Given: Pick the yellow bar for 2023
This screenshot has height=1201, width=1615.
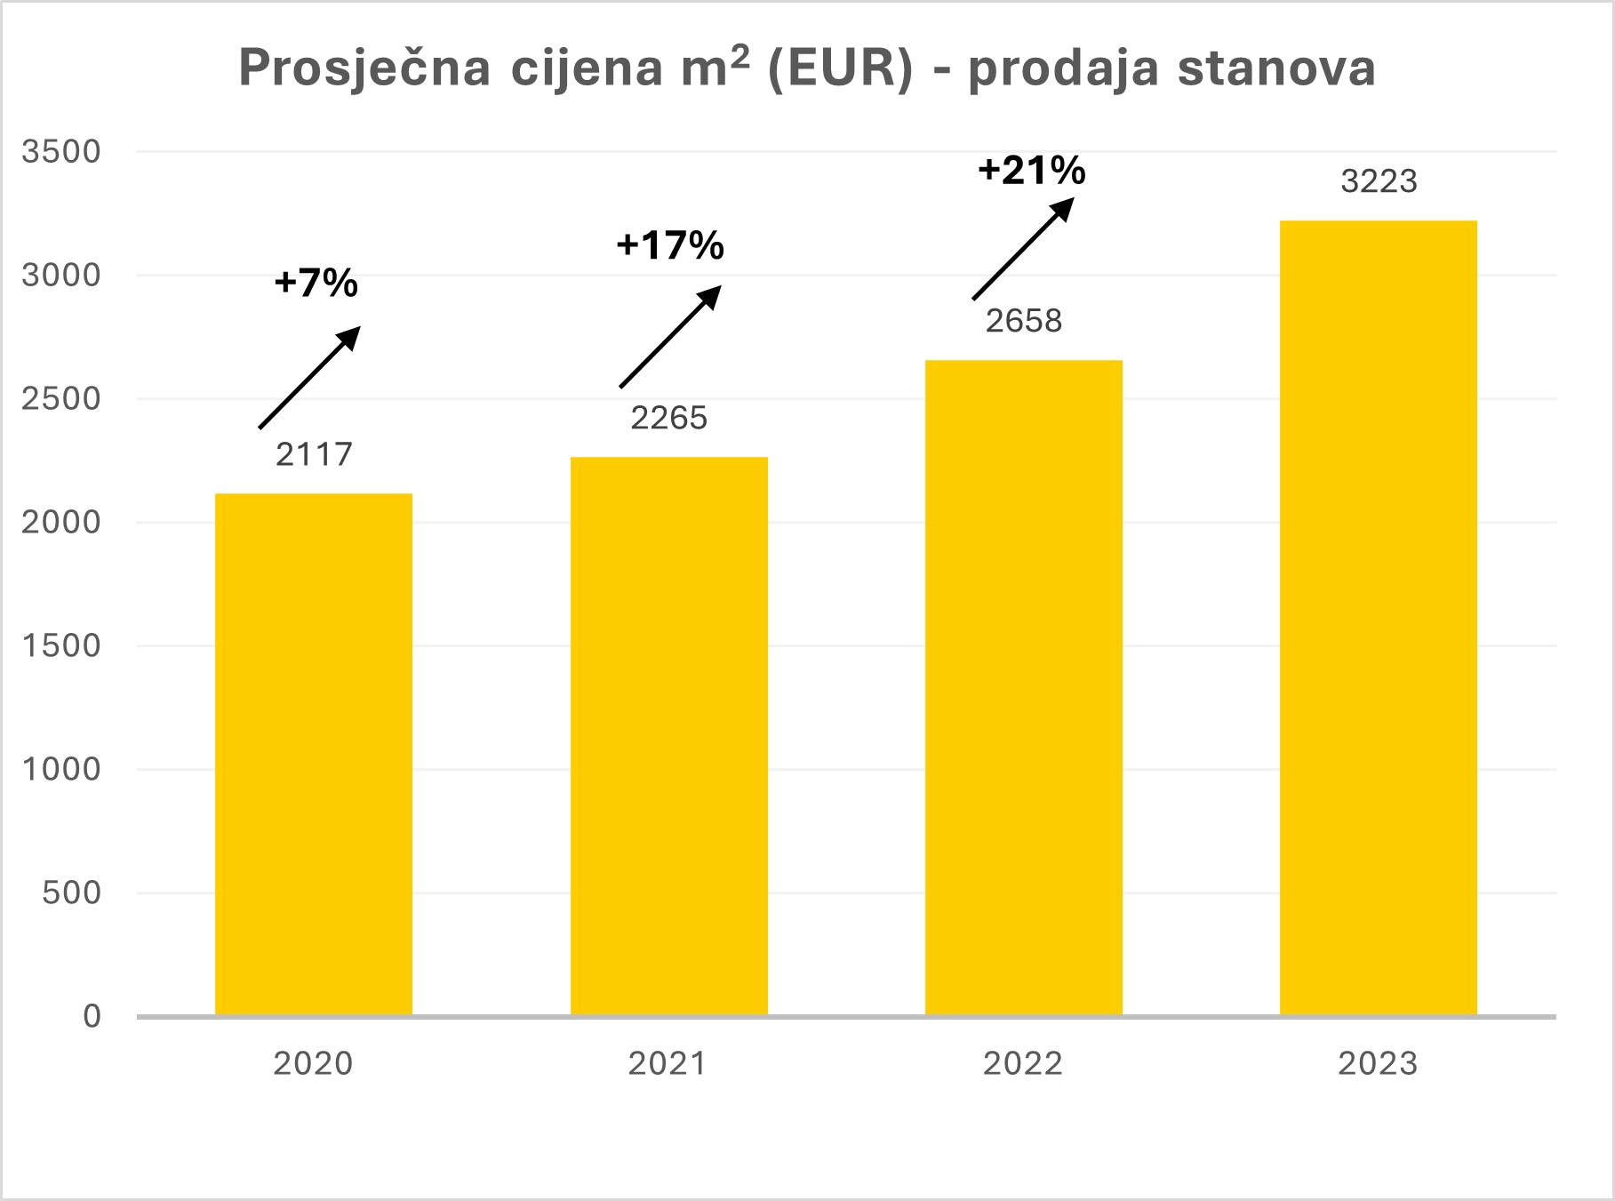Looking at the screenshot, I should click(1378, 618).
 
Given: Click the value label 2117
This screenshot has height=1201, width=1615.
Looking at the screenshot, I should click(314, 455).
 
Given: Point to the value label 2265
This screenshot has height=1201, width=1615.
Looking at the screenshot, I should click(668, 418).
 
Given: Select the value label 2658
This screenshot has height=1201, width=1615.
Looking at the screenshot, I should click(1023, 321).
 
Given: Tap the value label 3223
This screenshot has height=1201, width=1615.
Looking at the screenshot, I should click(1378, 181).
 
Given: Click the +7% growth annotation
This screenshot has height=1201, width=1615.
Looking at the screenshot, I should click(316, 284).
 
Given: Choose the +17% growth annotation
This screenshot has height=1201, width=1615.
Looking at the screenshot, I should click(670, 245).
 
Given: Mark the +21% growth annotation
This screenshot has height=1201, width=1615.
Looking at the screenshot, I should click(1031, 170).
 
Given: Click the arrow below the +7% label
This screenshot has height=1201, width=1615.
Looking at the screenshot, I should click(309, 377).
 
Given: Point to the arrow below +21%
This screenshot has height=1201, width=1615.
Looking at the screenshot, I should click(1023, 248).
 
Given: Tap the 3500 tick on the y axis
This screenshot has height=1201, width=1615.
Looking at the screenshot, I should click(61, 152).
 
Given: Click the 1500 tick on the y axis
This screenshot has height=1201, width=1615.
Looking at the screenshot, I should click(61, 646).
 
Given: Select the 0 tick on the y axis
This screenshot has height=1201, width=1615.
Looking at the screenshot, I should click(92, 1017).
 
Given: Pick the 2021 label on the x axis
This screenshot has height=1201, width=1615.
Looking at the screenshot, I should click(668, 1064).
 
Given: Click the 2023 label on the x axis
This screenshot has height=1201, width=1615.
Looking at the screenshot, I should click(1378, 1064).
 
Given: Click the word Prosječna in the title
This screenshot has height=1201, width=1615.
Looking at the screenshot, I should click(364, 68).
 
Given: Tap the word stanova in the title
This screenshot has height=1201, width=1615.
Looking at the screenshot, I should click(1276, 68).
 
